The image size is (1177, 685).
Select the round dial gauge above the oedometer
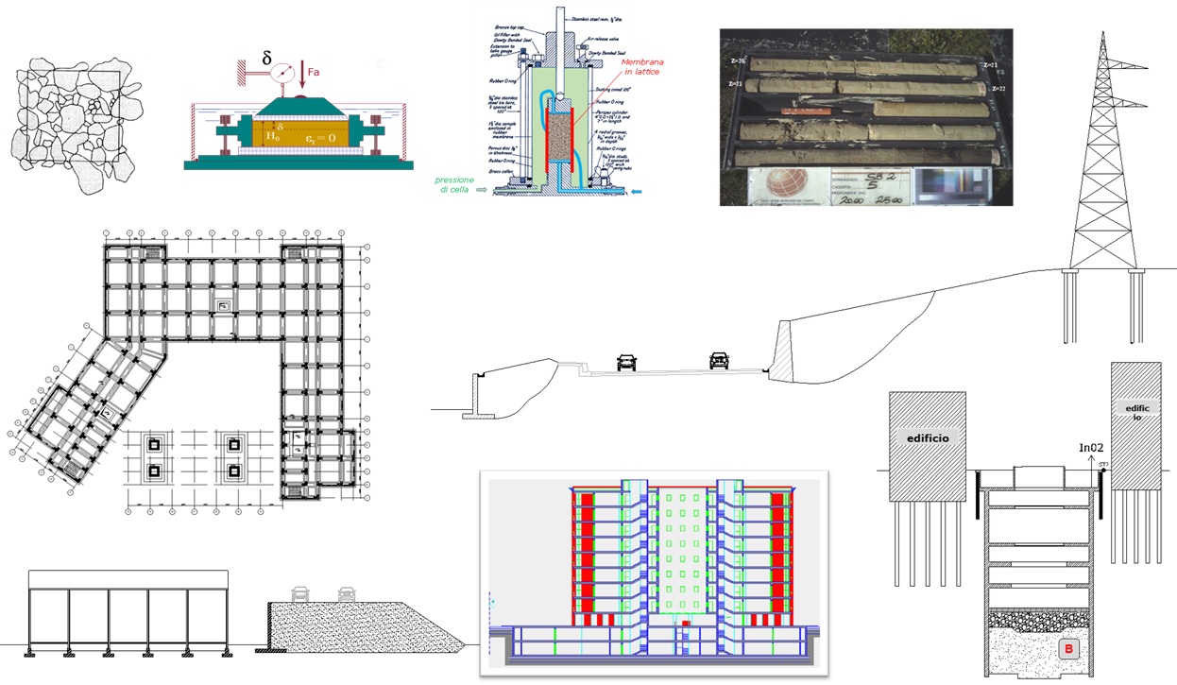coord(280,73)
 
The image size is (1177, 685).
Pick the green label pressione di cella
coord(455,183)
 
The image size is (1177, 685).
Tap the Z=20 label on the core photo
coord(738,61)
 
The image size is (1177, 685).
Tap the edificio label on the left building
coord(926,438)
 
